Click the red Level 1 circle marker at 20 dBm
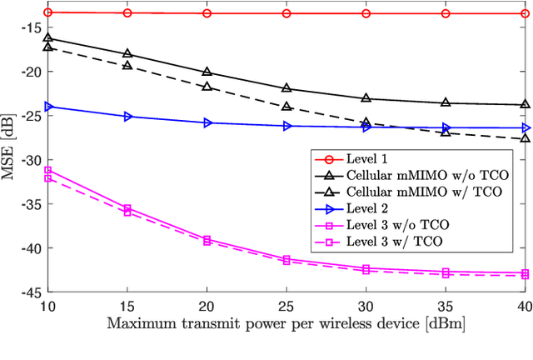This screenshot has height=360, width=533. [x=207, y=13]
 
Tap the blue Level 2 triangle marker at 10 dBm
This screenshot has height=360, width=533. [x=47, y=107]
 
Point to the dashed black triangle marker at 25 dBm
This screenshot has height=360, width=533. [x=286, y=107]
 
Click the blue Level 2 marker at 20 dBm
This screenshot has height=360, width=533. [x=207, y=122]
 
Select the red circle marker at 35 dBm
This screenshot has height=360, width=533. [x=446, y=13]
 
